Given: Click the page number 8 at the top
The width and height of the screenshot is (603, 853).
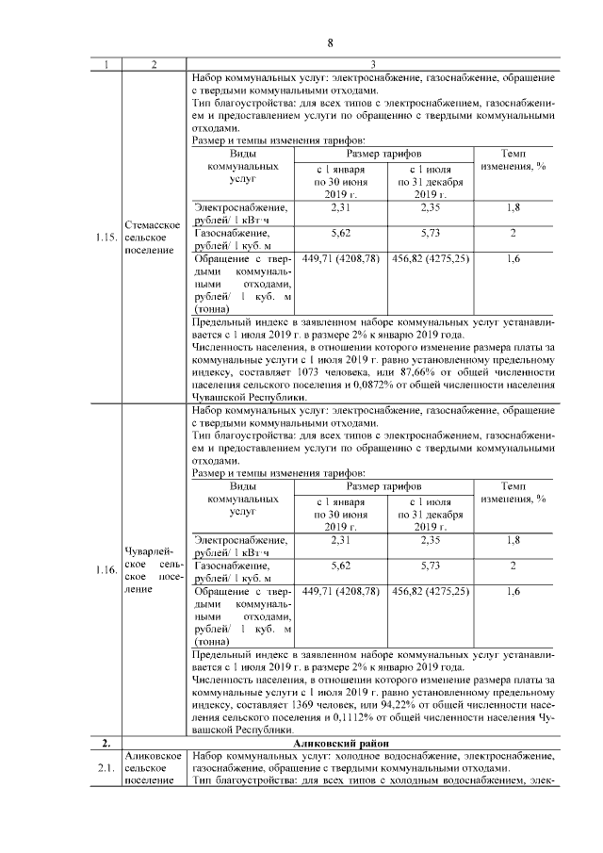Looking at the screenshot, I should [x=331, y=42].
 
